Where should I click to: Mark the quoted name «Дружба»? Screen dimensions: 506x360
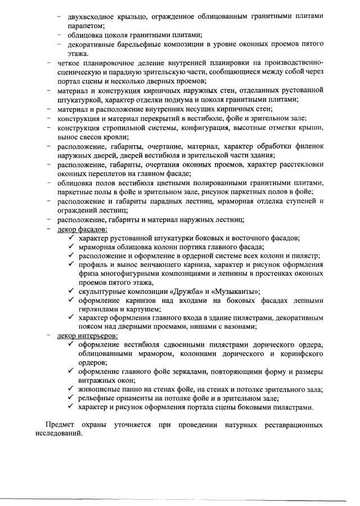pyautogui.click(x=183, y=291)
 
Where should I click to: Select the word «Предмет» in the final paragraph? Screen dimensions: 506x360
pyautogui.click(x=60, y=424)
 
